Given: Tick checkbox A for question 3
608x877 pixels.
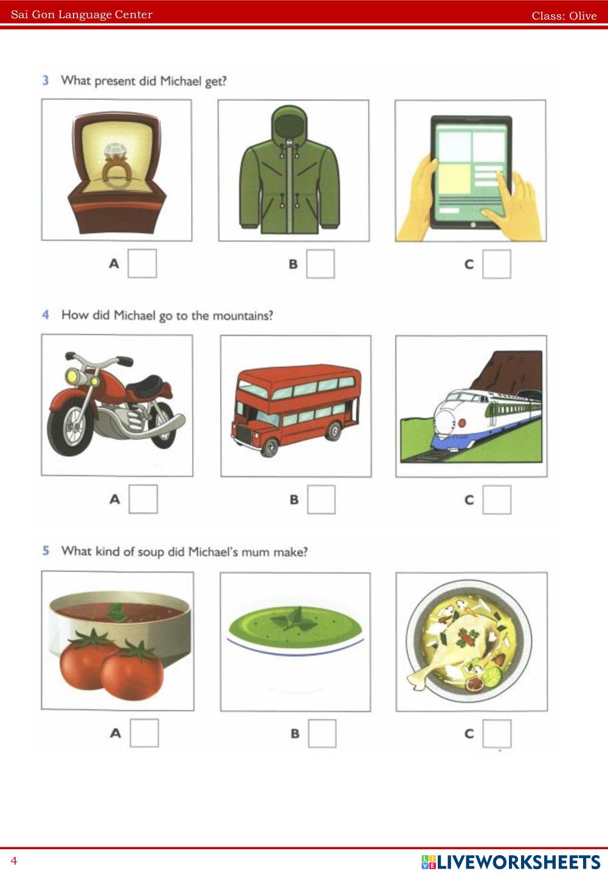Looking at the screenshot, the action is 142,264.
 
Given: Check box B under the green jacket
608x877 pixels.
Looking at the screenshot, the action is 320,264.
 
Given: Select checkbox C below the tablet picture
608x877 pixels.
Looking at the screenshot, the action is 497,264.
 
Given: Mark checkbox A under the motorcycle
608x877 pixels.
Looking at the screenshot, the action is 143,499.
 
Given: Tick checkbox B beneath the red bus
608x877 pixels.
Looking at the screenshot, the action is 322,500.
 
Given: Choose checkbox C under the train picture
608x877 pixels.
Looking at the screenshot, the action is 497,500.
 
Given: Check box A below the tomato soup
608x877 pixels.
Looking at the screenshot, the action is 144,733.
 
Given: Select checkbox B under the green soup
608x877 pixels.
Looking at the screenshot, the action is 322,733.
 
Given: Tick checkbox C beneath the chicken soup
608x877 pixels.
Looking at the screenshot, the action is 497,733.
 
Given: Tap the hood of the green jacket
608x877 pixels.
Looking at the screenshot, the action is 290,123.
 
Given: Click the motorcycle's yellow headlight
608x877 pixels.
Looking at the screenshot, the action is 72,377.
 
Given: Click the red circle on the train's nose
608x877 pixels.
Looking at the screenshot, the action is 462,423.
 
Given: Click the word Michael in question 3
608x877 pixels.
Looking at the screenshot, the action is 181,81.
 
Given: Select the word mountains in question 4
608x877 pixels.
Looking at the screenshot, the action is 243,316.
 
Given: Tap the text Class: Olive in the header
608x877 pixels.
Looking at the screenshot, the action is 564,16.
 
